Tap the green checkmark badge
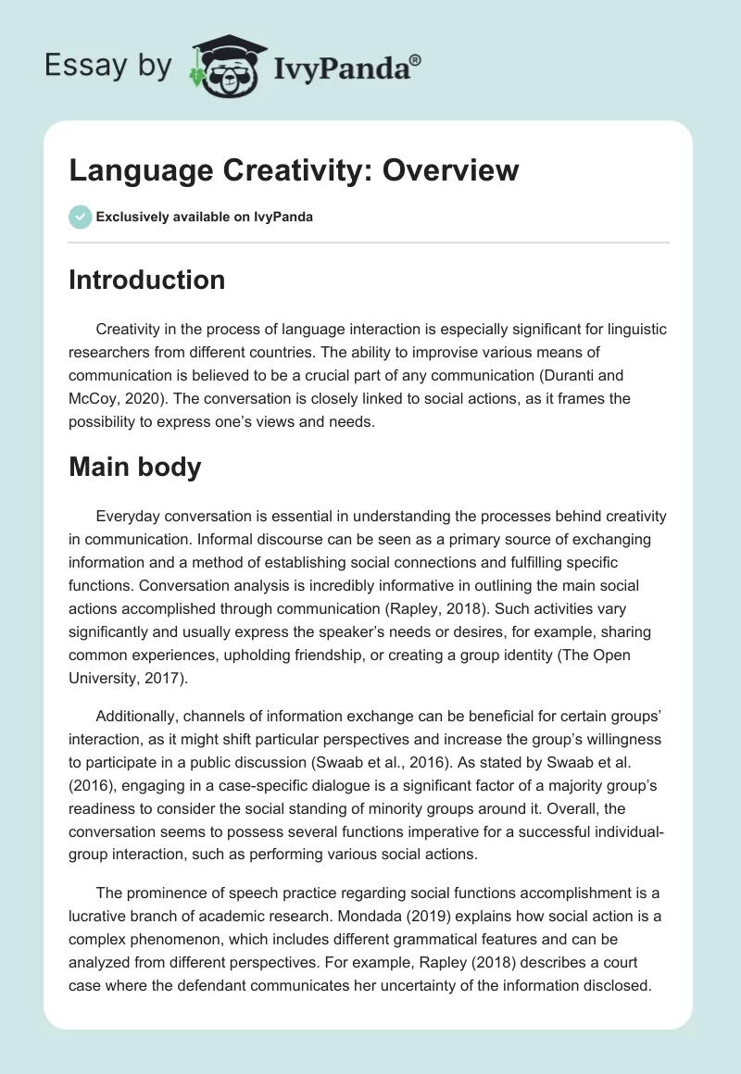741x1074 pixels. coord(80,218)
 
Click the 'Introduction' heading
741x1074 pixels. coord(146,280)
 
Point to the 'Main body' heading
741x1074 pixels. coord(134,467)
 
